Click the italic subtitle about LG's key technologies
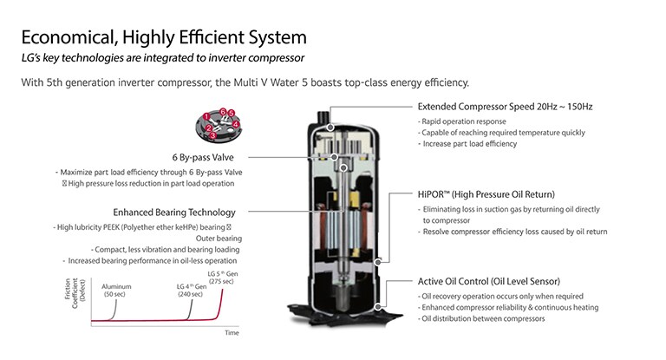(x=162, y=58)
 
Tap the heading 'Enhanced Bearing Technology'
(x=173, y=212)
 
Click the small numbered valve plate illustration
(x=218, y=126)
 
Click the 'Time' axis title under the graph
(x=232, y=332)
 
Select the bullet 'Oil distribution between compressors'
(x=483, y=318)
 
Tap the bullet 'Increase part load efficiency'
(x=468, y=143)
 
